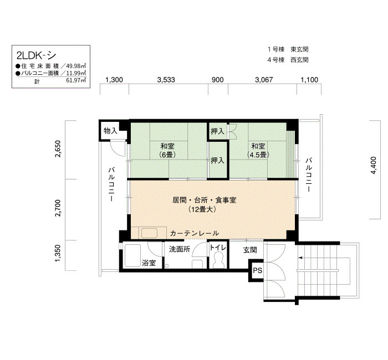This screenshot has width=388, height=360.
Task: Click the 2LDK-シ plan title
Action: pyautogui.click(x=36, y=55)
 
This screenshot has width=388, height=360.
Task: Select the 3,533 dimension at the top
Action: pyautogui.click(x=166, y=80)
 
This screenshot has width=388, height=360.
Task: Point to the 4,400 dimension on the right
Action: pyautogui.click(x=374, y=165)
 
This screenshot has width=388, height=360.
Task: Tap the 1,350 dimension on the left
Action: pyautogui.click(x=58, y=253)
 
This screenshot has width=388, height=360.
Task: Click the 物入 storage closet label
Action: pyautogui.click(x=110, y=131)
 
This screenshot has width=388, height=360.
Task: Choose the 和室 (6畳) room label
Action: pyautogui.click(x=167, y=150)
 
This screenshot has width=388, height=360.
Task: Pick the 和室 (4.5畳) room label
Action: pyautogui.click(x=258, y=150)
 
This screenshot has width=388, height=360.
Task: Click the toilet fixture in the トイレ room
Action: pyautogui.click(x=218, y=260)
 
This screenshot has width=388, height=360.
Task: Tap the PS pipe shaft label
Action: pyautogui.click(x=257, y=270)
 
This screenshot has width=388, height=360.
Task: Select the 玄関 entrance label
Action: pyautogui.click(x=250, y=250)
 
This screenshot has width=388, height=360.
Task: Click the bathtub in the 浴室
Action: pyautogui.click(x=132, y=256)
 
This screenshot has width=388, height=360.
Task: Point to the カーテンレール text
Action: pyautogui.click(x=195, y=233)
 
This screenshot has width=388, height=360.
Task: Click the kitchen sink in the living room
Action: pyautogui.click(x=149, y=233)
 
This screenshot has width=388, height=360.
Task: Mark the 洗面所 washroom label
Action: pyautogui.click(x=180, y=249)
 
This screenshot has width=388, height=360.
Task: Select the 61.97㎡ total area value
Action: pyautogui.click(x=76, y=80)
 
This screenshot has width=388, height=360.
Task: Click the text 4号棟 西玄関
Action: pyautogui.click(x=288, y=60)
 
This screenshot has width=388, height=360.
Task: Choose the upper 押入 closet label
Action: pyautogui.click(x=217, y=131)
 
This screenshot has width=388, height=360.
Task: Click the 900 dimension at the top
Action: pyautogui.click(x=218, y=80)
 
